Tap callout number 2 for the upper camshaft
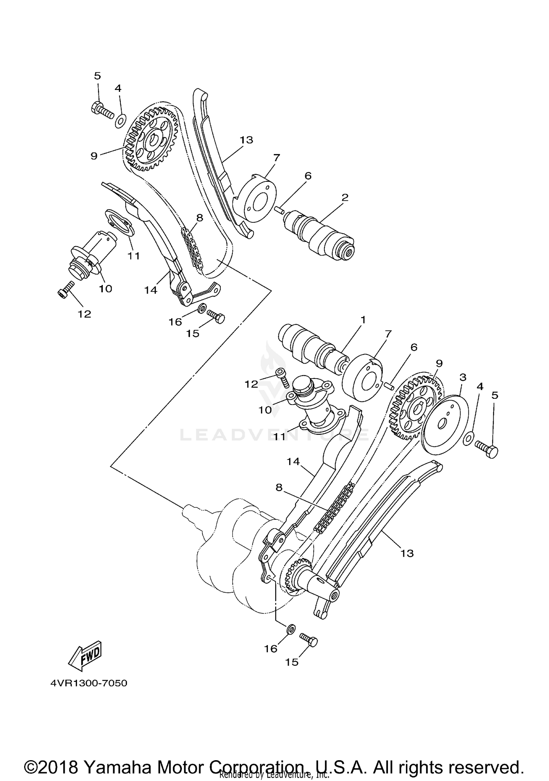345,197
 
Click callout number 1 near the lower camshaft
363,320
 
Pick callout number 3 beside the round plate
463,377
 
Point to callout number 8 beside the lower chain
279,488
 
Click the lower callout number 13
407,553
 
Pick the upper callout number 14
150,290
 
